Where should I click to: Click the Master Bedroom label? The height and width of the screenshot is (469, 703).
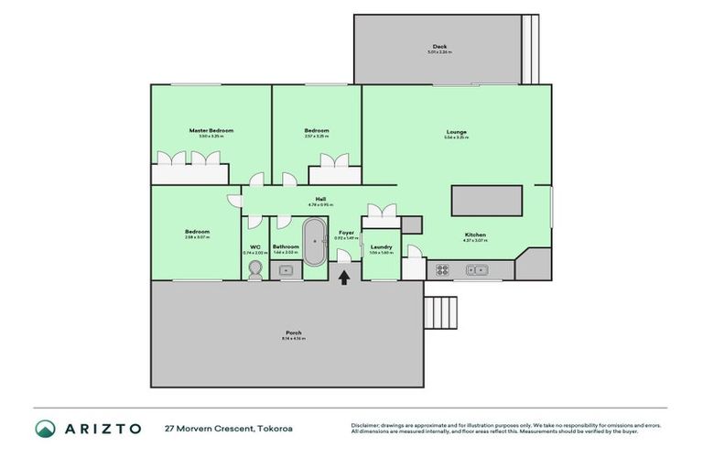pyautogui.click(x=211, y=131)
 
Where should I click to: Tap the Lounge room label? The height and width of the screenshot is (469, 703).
pyautogui.click(x=456, y=132)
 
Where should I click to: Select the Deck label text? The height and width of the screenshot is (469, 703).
pyautogui.click(x=440, y=47)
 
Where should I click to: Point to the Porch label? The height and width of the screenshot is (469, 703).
pyautogui.click(x=293, y=333)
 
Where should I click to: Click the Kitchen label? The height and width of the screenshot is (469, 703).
pyautogui.click(x=474, y=234)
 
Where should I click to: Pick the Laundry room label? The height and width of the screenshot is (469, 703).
pyautogui.click(x=382, y=246)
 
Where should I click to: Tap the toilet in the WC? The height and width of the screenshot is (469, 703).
pyautogui.click(x=255, y=267)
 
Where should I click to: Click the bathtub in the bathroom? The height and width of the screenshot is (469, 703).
pyautogui.click(x=314, y=243)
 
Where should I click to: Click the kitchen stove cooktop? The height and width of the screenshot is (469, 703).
pyautogui.click(x=441, y=270)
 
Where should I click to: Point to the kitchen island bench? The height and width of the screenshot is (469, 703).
pyautogui.click(x=486, y=201)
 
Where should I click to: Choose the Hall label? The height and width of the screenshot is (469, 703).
pyautogui.click(x=320, y=199)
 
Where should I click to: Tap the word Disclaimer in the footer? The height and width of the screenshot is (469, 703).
pyautogui.click(x=366, y=425)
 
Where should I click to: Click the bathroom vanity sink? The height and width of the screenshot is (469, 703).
pyautogui.click(x=286, y=271)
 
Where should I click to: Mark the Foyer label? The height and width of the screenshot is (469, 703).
pyautogui.click(x=346, y=234)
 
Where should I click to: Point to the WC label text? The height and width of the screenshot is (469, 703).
pyautogui.click(x=255, y=246)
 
